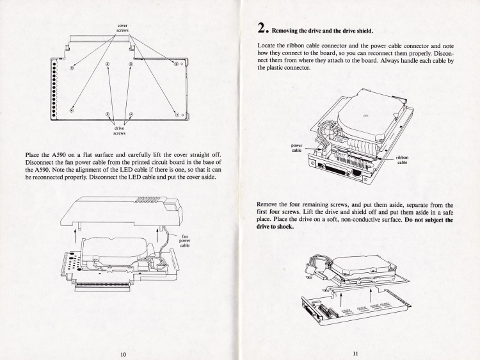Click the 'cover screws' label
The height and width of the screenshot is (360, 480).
pos(122,28)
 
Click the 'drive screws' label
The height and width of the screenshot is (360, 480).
pos(120,131)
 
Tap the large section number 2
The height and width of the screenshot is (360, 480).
pos(262,28)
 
